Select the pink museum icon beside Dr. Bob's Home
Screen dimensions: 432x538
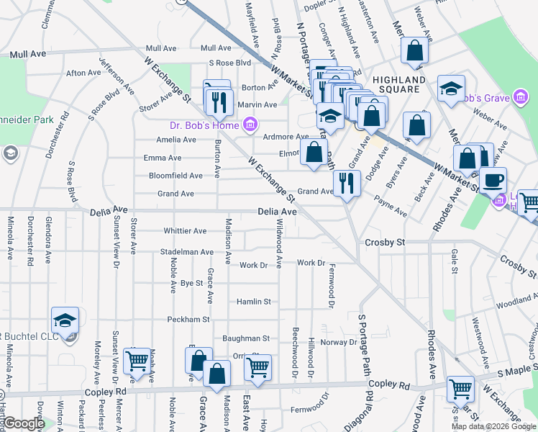pos(250,126)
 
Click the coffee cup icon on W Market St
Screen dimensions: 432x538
pos(493,180)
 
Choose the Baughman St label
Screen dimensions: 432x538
pos(245,338)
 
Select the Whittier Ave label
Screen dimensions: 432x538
pos(185,231)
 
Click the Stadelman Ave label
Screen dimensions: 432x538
pos(187,252)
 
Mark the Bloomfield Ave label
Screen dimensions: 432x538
pos(175,176)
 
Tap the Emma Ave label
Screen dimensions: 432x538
pos(163,158)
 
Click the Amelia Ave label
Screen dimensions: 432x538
pos(176,140)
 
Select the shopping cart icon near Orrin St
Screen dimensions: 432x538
pos(257,367)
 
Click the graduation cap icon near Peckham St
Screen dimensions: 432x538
pos(65,320)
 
